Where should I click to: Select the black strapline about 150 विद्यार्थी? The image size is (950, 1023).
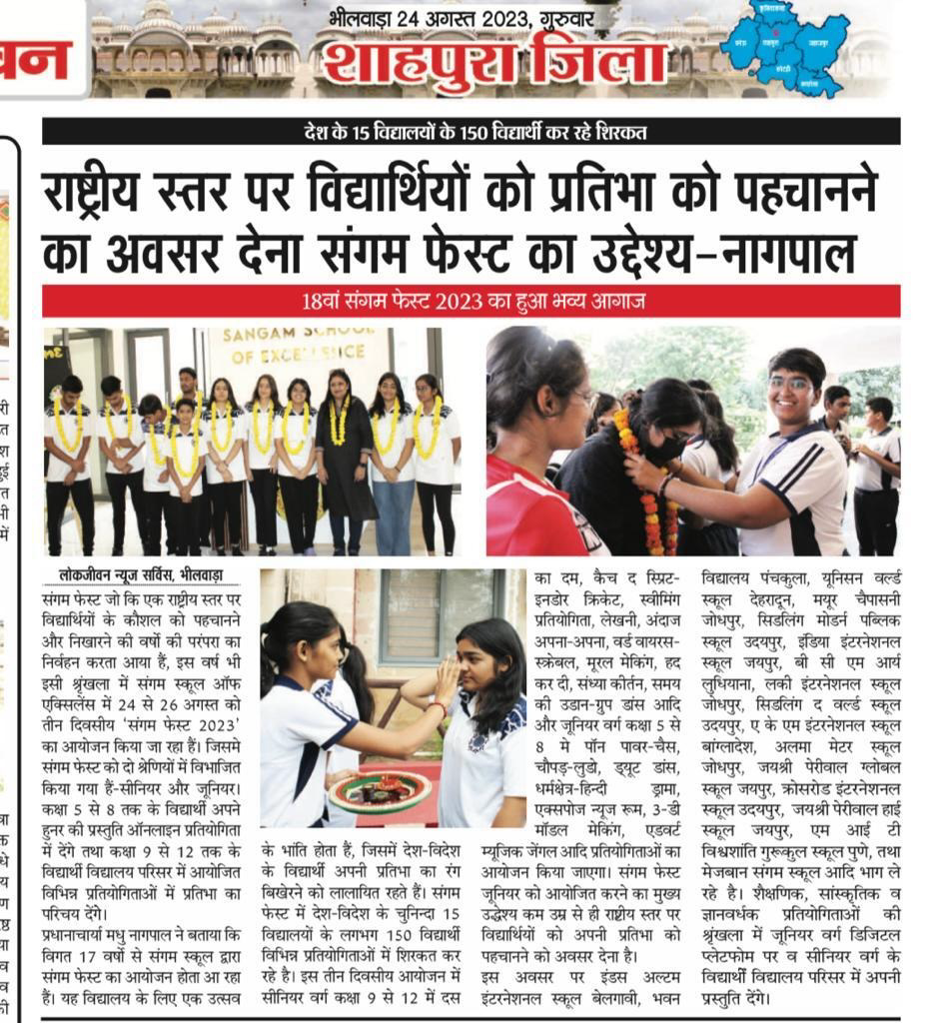471,132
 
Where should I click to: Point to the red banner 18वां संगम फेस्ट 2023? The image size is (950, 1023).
471,301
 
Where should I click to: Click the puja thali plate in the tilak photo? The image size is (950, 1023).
380,790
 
